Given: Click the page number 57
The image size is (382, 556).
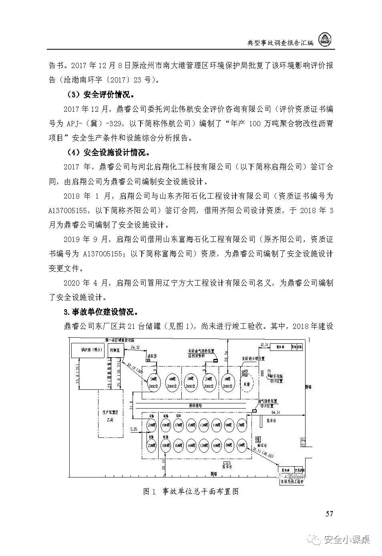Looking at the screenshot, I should pos(329,514).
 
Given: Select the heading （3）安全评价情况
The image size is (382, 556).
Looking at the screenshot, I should pos(101,95).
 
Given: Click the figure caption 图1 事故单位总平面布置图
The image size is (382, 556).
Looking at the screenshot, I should pos(191,491).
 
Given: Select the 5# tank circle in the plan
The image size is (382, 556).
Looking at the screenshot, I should pos(153,382).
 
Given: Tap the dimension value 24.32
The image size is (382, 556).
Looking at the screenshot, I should pos(135,347).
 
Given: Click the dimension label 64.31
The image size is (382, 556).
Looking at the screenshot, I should pos(275,412).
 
